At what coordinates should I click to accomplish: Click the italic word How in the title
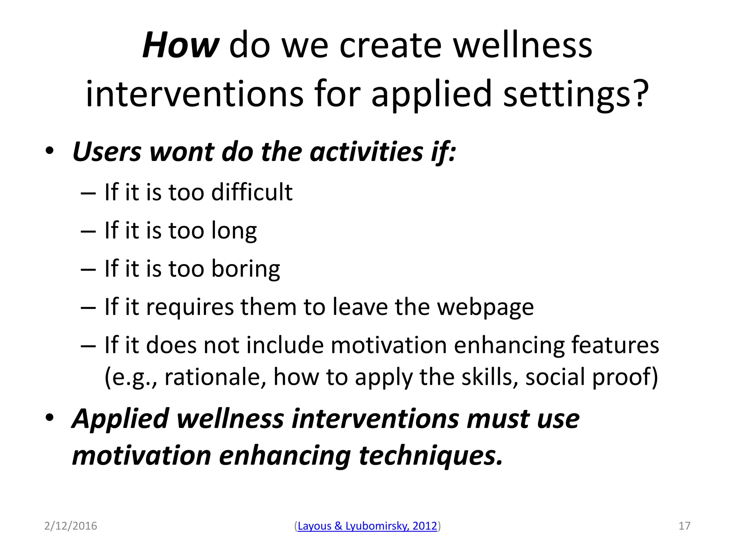tap(181, 46)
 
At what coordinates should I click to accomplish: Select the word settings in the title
tap(567, 94)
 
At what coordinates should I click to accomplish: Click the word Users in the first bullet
tap(107, 152)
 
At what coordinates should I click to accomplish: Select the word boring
tap(245, 269)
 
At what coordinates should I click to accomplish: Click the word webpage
tap(485, 307)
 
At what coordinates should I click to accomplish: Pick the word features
tap(615, 345)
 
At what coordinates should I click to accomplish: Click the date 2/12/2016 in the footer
tap(71, 526)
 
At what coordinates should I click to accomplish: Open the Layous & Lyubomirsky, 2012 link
tap(367, 526)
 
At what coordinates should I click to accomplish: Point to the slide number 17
tap(684, 526)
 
